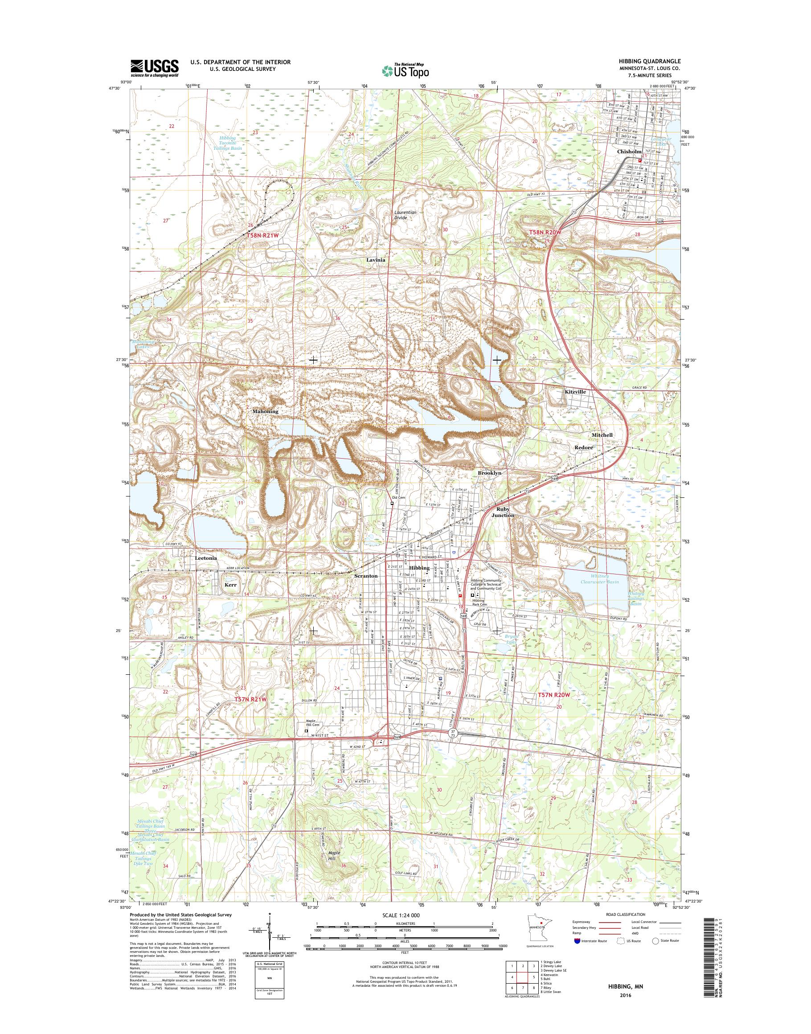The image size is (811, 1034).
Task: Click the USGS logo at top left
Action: tap(154, 68)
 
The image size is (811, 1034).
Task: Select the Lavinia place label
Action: tap(376, 260)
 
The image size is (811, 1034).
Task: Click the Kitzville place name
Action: tap(575, 392)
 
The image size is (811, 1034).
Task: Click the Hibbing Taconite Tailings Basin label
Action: tap(231, 144)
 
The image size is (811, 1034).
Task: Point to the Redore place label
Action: tap(585, 448)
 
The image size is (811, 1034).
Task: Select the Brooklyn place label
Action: tap(490, 473)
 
